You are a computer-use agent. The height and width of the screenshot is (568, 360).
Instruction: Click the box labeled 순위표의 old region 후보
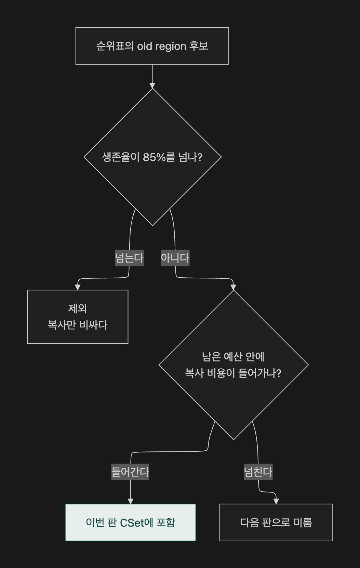click(x=152, y=46)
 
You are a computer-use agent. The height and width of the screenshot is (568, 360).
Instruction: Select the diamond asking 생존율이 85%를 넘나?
click(x=152, y=157)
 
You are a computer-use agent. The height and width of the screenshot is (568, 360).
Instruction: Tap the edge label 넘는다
click(x=129, y=258)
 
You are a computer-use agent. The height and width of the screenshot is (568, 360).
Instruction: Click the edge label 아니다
click(x=175, y=258)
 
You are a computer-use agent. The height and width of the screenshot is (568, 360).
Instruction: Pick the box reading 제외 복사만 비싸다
click(x=78, y=317)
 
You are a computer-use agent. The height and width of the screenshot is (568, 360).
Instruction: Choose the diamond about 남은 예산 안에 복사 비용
click(x=234, y=365)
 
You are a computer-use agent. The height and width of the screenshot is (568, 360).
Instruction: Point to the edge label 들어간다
click(x=130, y=472)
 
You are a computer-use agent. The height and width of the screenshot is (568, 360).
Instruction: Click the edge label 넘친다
click(x=258, y=472)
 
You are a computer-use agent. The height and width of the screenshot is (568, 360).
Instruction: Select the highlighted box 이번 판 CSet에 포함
click(x=131, y=523)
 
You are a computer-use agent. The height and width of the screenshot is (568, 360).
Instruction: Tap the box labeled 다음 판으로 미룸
click(x=276, y=523)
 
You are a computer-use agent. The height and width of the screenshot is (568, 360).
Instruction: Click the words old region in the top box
click(x=162, y=46)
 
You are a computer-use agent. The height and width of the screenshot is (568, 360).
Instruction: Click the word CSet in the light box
click(x=136, y=523)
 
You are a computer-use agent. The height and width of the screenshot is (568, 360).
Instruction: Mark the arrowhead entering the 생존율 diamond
click(x=152, y=85)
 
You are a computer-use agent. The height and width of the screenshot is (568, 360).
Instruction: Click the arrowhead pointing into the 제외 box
click(x=78, y=287)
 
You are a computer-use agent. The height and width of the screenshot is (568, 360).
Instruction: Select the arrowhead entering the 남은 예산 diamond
click(x=233, y=287)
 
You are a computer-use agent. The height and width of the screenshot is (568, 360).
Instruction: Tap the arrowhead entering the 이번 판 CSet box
click(x=131, y=501)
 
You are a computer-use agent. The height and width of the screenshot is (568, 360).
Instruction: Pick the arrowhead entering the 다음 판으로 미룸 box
click(x=276, y=501)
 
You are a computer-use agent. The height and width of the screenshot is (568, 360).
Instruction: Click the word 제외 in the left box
click(x=78, y=308)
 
